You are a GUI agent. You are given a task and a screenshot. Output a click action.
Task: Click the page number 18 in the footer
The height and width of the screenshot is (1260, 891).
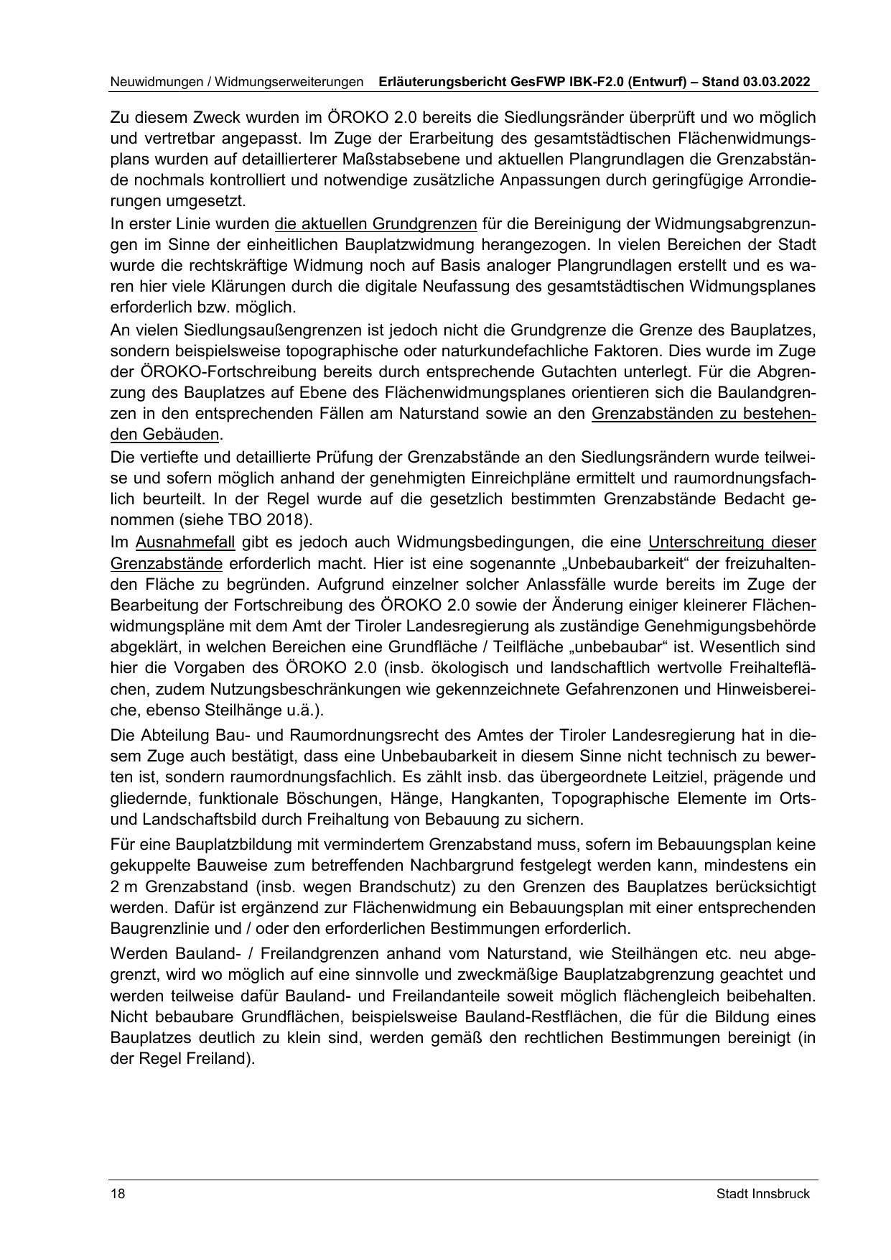point(118,1194)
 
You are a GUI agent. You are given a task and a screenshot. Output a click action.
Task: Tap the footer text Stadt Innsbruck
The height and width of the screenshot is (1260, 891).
point(762,1194)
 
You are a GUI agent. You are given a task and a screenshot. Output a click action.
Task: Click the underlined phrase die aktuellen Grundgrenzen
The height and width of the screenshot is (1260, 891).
point(375,223)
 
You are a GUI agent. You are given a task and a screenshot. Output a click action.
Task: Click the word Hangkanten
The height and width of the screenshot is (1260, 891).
point(472,798)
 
